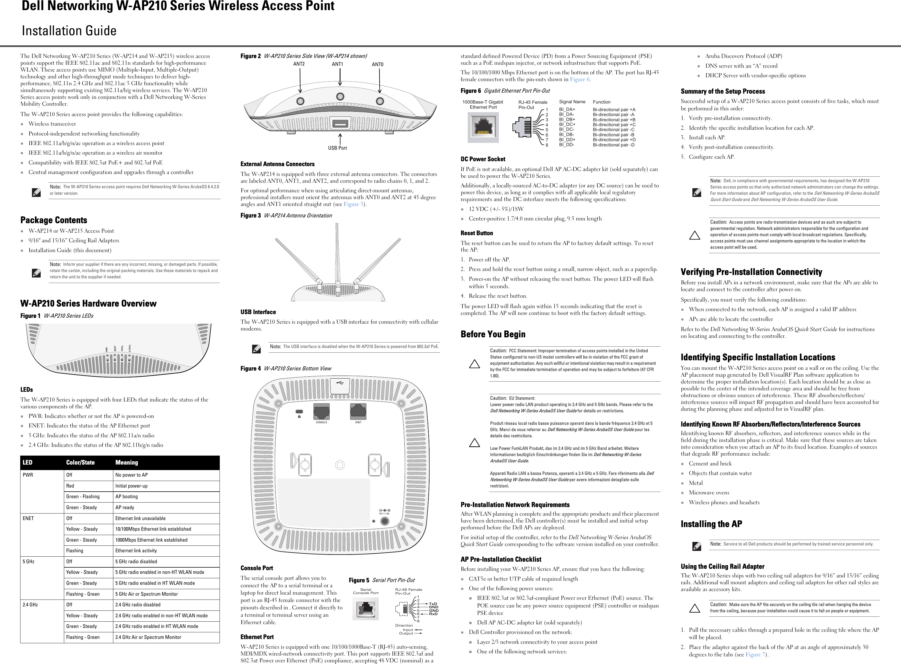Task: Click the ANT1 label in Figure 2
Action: [337, 64]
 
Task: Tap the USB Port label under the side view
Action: [337, 148]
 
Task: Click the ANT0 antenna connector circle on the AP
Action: [379, 101]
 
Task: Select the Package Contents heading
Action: [54, 220]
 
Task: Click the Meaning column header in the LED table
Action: [126, 463]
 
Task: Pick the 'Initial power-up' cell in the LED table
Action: [131, 486]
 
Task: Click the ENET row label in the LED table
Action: [28, 518]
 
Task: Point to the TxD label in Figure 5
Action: [433, 604]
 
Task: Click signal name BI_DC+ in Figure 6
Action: [567, 125]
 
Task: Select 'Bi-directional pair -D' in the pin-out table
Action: [613, 145]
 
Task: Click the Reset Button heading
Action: [476, 233]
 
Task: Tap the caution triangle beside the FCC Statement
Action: [475, 364]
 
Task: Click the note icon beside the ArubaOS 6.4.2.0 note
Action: [36, 193]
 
